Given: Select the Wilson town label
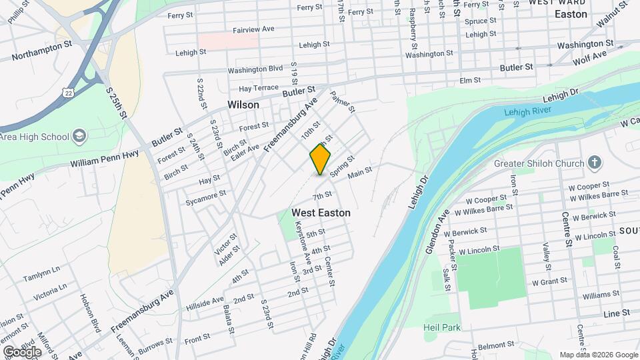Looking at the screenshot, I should (x=243, y=105).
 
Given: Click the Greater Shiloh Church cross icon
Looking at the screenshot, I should (x=595, y=163).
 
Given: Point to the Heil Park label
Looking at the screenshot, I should (x=441, y=327).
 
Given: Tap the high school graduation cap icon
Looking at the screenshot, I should (x=79, y=137).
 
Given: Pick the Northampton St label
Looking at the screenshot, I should (x=41, y=51).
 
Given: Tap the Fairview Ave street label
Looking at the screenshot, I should (x=253, y=29).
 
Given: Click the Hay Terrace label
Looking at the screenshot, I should (x=258, y=88).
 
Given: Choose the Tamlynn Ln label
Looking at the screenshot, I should (x=41, y=278).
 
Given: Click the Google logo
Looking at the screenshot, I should (x=22, y=351).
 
